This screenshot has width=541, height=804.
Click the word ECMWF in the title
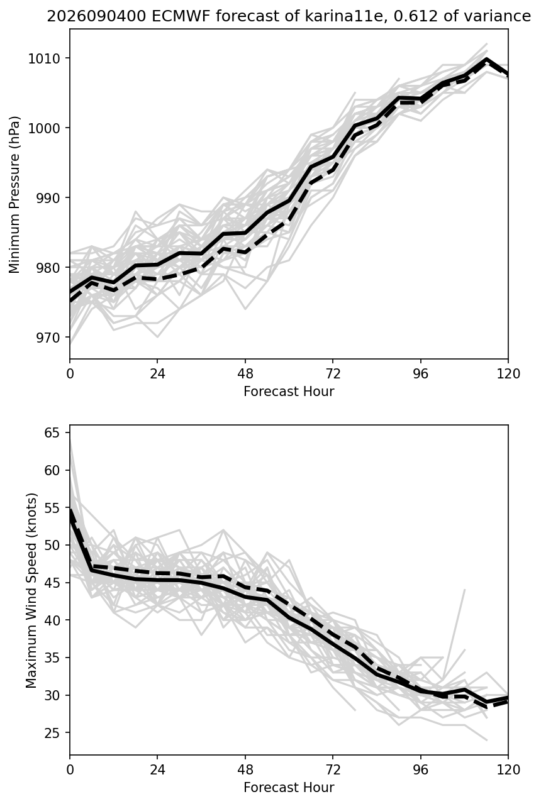[182, 16]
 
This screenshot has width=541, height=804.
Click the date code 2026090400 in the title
[97, 16]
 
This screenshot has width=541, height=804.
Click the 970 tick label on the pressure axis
[48, 338]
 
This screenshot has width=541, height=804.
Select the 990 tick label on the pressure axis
[48, 198]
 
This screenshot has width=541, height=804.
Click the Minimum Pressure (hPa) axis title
[14, 194]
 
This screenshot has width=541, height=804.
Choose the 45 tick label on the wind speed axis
[52, 583]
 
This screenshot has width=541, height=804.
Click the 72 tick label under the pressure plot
[333, 374]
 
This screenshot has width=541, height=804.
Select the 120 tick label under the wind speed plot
[508, 769]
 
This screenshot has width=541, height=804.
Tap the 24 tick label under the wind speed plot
[157, 769]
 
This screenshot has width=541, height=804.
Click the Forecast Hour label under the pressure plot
[289, 391]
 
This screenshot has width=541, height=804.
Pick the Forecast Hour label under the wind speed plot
[289, 787]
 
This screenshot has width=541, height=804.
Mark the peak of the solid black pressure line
[486, 58]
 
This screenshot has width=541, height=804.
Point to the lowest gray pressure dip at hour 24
[157, 337]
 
